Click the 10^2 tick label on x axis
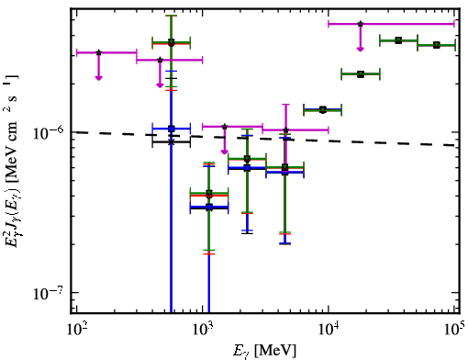point(77,330)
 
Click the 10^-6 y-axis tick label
point(49,132)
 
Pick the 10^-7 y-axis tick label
point(49,293)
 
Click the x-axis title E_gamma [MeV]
point(264,351)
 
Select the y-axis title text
point(12,160)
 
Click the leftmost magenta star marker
point(98,52)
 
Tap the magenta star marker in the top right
point(361,24)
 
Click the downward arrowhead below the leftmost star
point(98,78)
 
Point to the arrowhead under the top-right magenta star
point(361,49)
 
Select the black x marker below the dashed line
point(172,142)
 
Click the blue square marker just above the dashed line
point(172,129)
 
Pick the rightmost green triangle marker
point(437,45)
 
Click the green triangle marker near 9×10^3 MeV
point(323,109)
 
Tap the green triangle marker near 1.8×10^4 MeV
point(361,74)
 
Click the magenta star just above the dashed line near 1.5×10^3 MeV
point(225,127)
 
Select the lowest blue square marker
point(209,208)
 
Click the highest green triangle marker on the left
point(172,41)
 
